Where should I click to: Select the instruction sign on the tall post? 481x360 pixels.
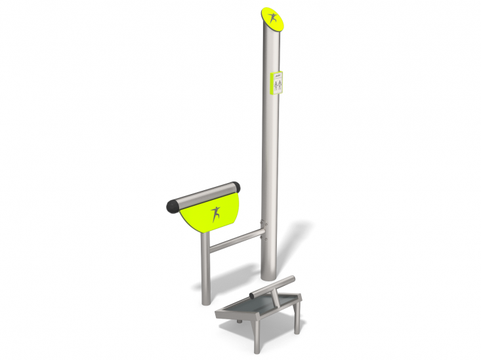pyautogui.click(x=278, y=83)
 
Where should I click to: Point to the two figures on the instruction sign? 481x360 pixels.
pyautogui.click(x=278, y=85)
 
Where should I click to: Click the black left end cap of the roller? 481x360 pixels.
pyautogui.click(x=172, y=207)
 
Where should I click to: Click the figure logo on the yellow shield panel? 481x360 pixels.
pyautogui.click(x=215, y=214)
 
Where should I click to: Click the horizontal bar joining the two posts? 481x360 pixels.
pyautogui.click(x=236, y=239)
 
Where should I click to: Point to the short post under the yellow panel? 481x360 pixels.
pyautogui.click(x=205, y=269)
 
